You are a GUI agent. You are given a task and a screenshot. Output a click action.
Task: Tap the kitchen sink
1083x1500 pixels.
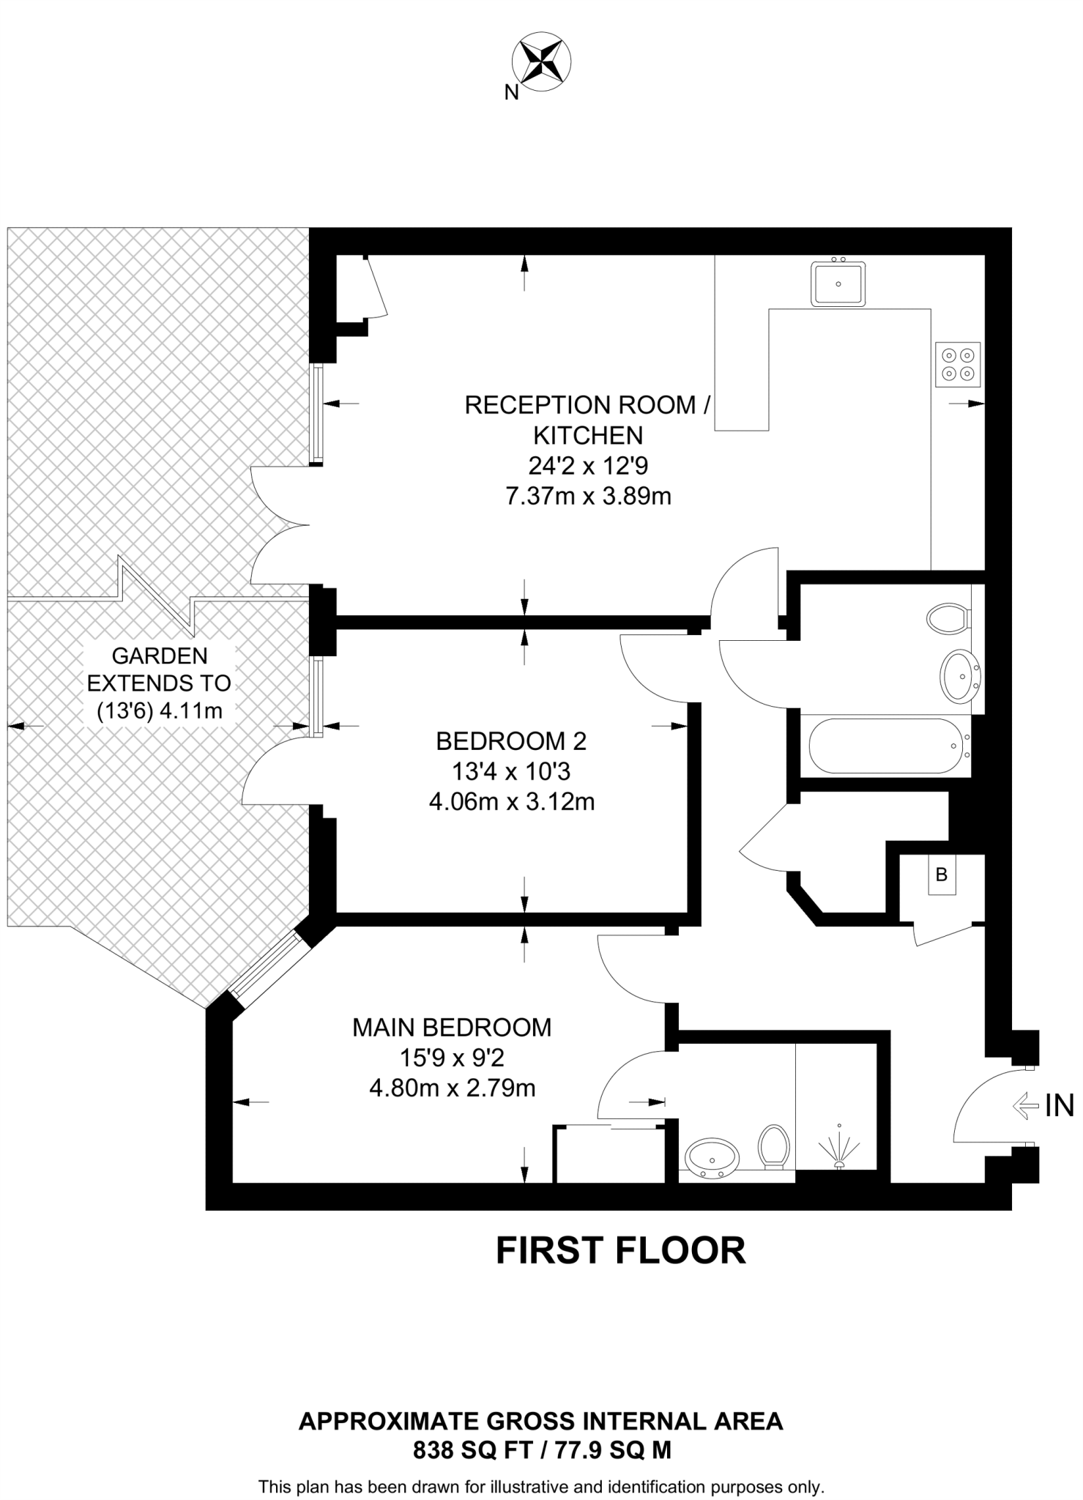click(838, 283)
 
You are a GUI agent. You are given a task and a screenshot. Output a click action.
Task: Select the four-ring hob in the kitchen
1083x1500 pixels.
click(958, 365)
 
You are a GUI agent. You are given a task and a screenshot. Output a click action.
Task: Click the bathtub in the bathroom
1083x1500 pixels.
click(885, 746)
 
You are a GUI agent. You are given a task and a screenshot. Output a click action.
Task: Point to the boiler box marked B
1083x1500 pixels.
click(942, 875)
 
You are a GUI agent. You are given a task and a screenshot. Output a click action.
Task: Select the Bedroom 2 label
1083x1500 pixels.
click(511, 741)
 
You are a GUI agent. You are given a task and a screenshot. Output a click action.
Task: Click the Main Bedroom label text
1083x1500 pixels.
click(452, 1028)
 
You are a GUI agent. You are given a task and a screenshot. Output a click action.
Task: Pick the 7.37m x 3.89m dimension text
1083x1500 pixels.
click(588, 497)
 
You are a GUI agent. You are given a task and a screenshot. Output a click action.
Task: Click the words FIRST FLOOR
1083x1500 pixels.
click(620, 1250)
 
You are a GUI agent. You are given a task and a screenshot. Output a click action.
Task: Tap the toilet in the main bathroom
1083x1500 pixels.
click(948, 618)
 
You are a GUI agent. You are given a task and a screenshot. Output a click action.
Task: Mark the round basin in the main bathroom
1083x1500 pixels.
click(960, 675)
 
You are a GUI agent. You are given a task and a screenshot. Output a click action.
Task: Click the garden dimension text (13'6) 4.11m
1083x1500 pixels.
click(159, 710)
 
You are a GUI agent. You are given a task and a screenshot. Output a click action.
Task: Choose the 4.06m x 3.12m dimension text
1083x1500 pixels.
click(511, 802)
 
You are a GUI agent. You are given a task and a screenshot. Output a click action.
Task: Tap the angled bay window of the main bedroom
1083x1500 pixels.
click(269, 969)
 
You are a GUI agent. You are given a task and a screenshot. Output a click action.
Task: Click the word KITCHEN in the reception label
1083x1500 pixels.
click(588, 436)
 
